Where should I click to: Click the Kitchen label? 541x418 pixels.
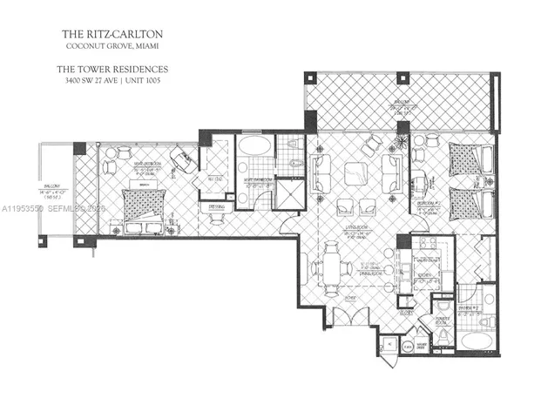[425, 275]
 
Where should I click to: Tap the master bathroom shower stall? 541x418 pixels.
[285, 195]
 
